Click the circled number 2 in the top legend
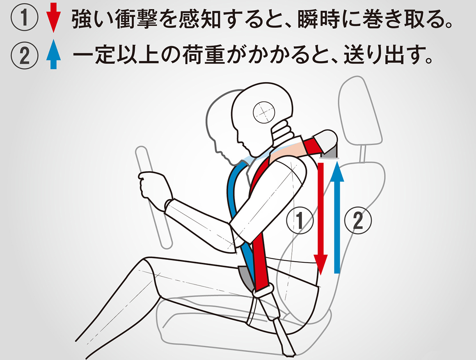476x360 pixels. (24, 55)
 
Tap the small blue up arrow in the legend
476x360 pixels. (54, 54)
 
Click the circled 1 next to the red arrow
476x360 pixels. (300, 220)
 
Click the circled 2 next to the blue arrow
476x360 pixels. (358, 220)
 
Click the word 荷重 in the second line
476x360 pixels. (204, 55)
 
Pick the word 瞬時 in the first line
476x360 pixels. (318, 18)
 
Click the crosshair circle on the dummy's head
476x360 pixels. (264, 112)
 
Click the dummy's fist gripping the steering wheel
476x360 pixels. (154, 189)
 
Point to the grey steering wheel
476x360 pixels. (154, 197)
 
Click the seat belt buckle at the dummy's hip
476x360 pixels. (265, 291)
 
